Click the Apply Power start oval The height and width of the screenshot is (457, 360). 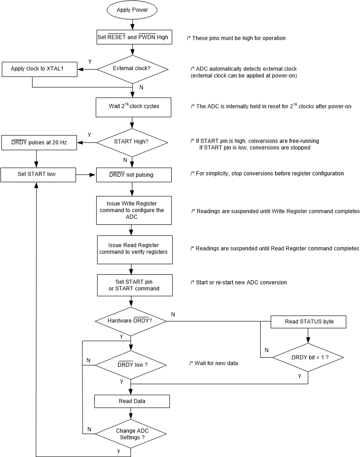point(132,9)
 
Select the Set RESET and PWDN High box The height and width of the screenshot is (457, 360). point(134,37)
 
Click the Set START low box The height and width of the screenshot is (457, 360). point(38,174)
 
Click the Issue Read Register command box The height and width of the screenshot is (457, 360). point(134,249)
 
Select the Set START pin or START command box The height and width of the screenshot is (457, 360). point(134,285)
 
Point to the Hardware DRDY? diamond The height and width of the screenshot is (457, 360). point(131,321)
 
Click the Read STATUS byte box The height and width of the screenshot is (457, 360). point(308,321)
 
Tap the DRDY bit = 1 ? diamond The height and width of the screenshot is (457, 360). point(307,356)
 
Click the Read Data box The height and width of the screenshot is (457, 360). point(132,401)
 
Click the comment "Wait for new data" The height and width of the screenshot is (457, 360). point(213,363)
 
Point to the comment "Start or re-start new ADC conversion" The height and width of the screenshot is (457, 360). point(238,283)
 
